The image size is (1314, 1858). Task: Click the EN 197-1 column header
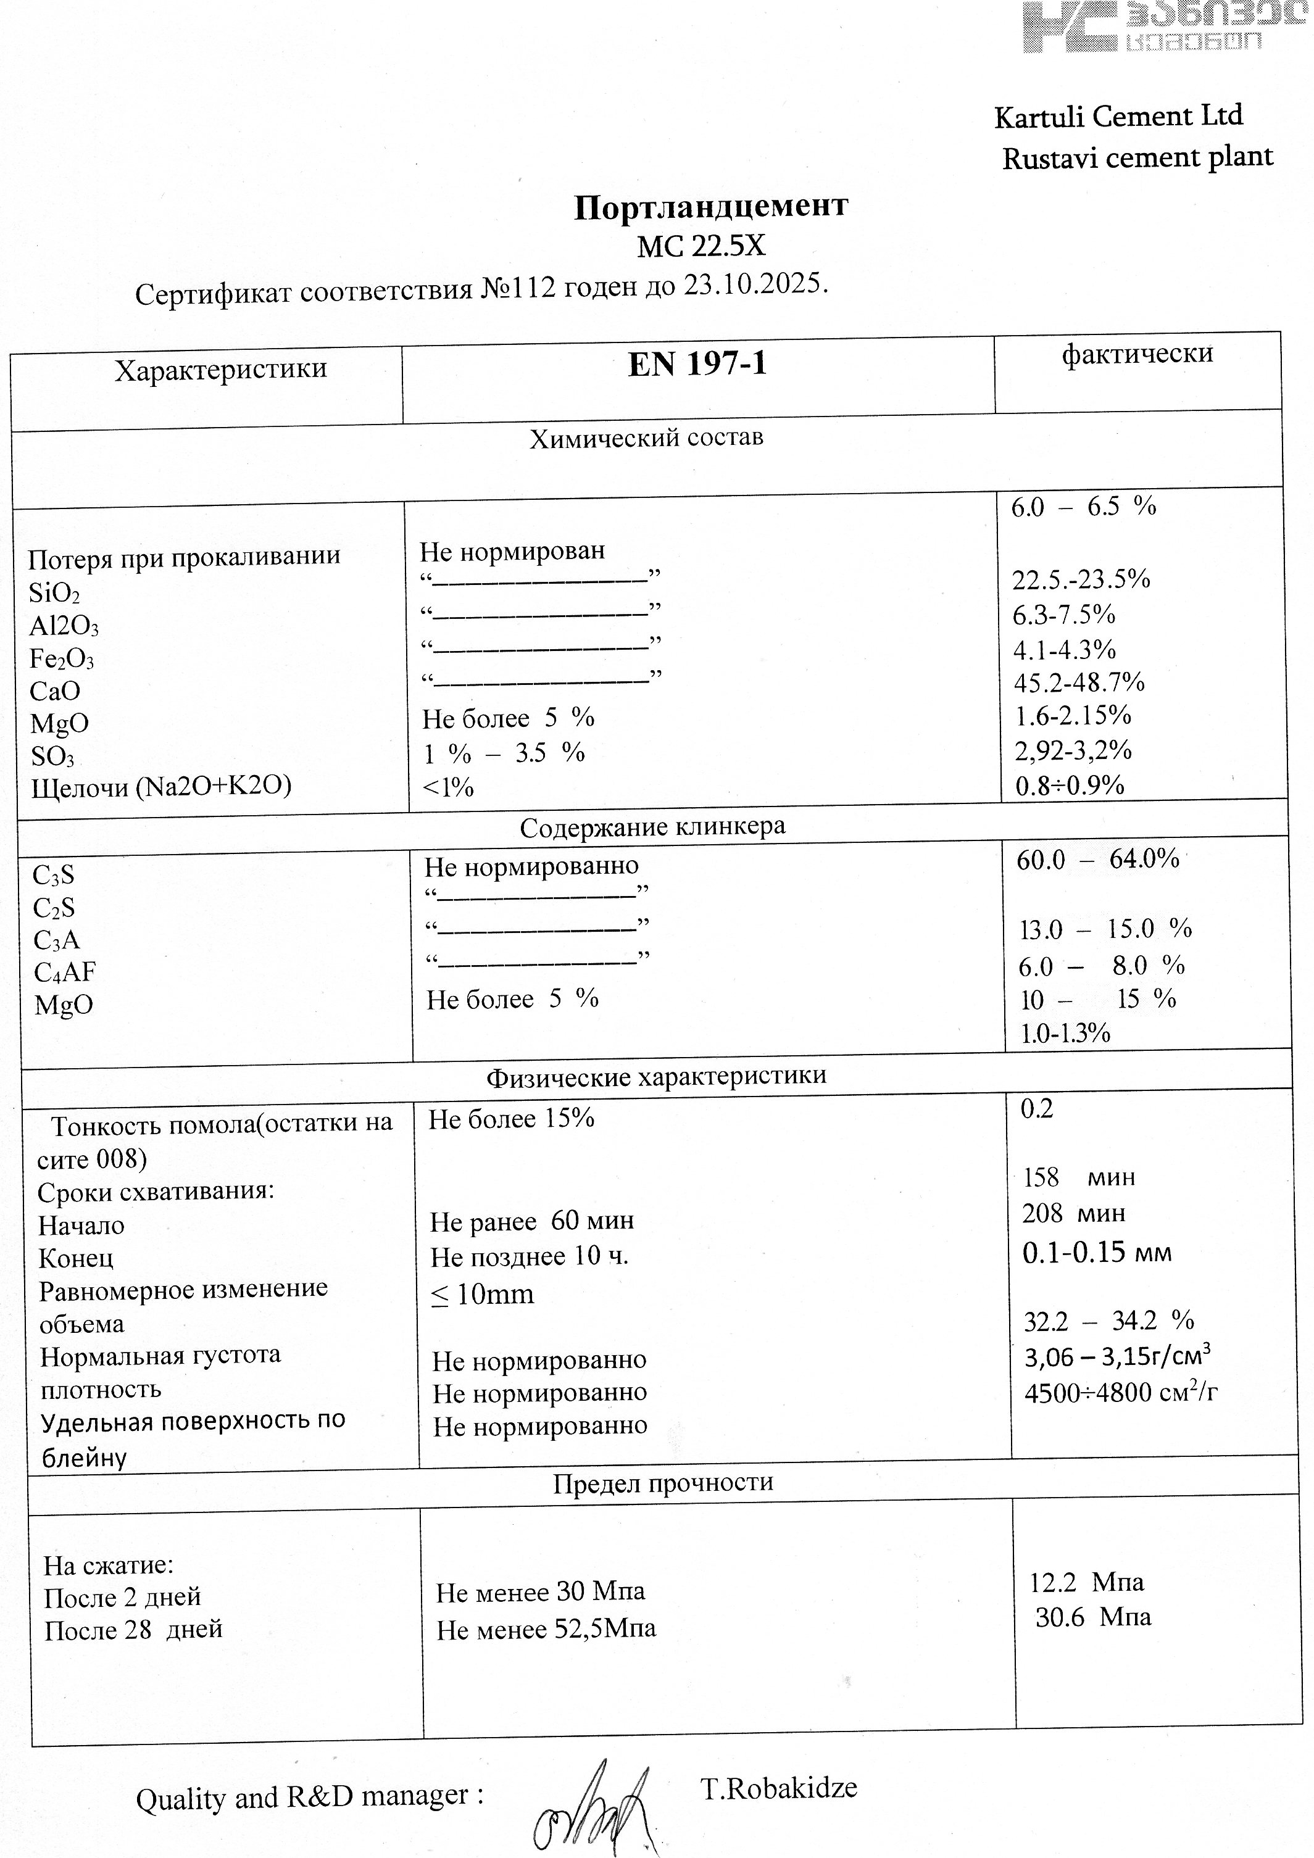(696, 365)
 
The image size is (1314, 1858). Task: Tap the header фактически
(1137, 354)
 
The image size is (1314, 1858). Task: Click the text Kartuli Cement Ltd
(1118, 117)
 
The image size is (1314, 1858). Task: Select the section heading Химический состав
(646, 439)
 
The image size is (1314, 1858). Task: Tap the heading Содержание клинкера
(652, 827)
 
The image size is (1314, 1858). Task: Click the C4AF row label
(65, 972)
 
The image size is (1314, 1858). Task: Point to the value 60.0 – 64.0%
(1097, 860)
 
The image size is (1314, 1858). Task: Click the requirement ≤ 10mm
(483, 1295)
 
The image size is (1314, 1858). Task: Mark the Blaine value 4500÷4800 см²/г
(1120, 1393)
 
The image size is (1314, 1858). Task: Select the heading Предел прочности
(663, 1483)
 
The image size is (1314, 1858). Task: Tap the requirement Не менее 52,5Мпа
(546, 1629)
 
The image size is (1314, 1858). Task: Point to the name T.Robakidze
(779, 1788)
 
